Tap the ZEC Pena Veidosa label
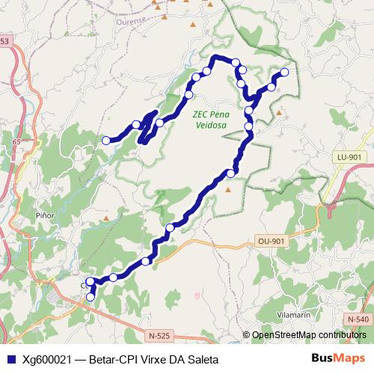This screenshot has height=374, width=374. pos(210,120)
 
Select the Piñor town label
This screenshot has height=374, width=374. pos(46,215)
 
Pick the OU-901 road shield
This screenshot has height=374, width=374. pos(271,241)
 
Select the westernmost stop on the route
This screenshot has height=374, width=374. pos(106,140)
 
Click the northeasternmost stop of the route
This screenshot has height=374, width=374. pos(284,73)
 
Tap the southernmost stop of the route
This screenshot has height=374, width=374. pos(91,297)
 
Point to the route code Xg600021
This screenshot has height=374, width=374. pos(47,358)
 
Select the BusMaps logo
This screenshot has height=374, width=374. pos(338,358)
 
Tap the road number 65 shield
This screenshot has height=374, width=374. pos(16,141)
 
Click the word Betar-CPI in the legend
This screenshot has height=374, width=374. pos(114,358)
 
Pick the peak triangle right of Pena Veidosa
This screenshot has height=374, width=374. pos(279,113)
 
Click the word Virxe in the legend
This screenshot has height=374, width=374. pos(155,358)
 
